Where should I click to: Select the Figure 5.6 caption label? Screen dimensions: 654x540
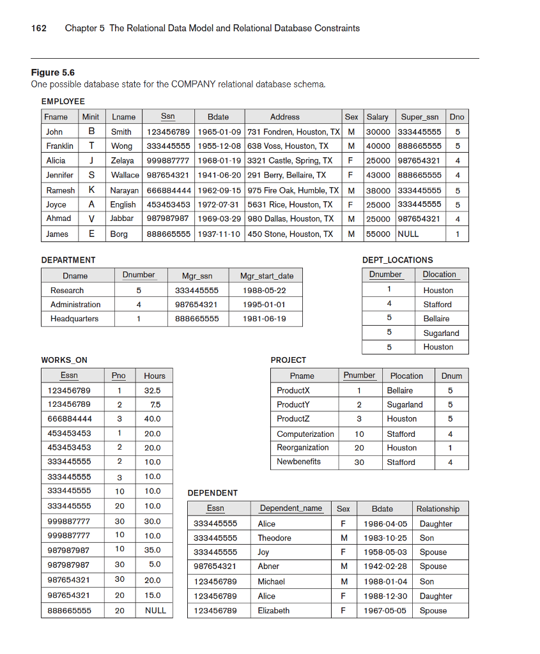point(52,73)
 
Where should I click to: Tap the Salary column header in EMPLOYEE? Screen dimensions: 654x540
point(377,117)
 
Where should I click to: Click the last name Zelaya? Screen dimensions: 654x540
point(122,160)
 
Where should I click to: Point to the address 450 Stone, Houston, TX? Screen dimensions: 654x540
point(289,234)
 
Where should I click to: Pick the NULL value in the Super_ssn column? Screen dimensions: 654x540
point(408,234)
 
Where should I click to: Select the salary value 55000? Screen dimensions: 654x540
point(377,234)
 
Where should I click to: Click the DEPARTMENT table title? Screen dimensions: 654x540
point(68,260)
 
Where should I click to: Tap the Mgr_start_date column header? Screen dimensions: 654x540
point(266,276)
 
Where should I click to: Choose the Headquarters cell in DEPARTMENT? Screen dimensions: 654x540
point(74,319)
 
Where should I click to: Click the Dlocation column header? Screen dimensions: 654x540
point(439,274)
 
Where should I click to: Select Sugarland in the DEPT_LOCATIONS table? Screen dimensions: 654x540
point(441,333)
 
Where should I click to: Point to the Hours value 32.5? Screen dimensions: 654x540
point(152,390)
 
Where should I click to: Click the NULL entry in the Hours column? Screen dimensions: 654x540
point(155,611)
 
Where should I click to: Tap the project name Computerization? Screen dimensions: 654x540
point(305,434)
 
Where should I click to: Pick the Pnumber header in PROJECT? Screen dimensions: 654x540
point(359,375)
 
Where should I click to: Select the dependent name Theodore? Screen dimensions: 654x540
point(274,538)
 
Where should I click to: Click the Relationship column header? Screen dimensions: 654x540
point(438,508)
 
